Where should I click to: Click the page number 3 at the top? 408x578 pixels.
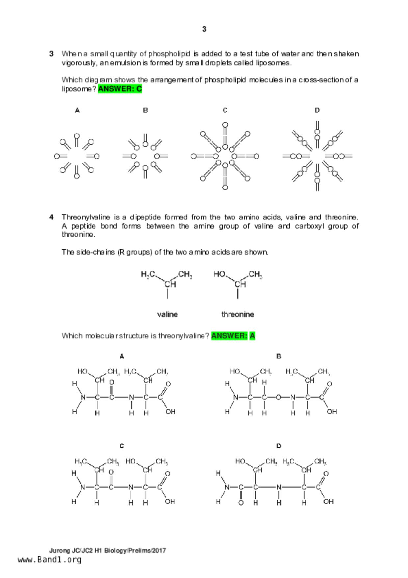204,29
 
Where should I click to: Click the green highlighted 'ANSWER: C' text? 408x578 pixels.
120,89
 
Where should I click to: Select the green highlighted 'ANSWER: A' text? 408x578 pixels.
233,336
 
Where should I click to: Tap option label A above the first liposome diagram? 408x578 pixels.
77,110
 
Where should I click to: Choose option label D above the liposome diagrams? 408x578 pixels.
317,110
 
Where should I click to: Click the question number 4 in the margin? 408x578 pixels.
51,217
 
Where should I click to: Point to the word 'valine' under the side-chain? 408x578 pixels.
167,314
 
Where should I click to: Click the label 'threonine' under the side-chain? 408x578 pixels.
237,314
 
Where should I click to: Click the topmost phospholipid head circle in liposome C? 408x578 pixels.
225,125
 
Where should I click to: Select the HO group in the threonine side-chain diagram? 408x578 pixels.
219,274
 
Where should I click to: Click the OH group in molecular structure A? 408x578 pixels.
170,412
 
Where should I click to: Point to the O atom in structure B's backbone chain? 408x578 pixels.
278,397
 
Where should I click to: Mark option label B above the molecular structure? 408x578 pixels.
279,356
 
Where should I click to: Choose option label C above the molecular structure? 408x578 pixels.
122,446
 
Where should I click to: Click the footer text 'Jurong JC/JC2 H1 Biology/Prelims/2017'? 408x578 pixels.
108,550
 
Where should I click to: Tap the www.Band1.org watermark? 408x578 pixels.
49,560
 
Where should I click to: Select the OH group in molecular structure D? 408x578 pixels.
328,502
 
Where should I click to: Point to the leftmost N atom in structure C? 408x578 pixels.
83,487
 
